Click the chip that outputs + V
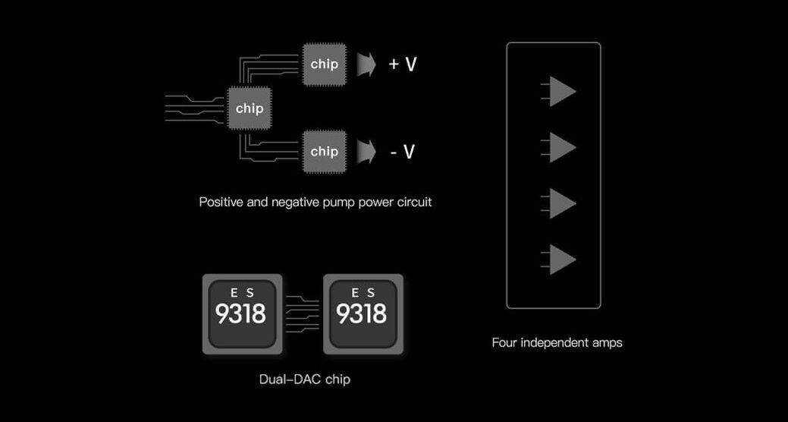click(x=325, y=64)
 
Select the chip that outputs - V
click(x=325, y=151)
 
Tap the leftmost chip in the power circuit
click(x=250, y=108)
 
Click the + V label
click(x=402, y=65)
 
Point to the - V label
click(x=402, y=152)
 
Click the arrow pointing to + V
click(x=367, y=65)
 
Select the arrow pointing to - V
click(x=367, y=152)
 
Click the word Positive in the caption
click(x=221, y=203)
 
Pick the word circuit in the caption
click(x=414, y=203)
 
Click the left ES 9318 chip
click(x=242, y=313)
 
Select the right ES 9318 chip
click(x=363, y=313)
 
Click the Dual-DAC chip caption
click(x=304, y=379)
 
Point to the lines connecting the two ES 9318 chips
click(x=303, y=313)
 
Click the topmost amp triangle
click(x=560, y=91)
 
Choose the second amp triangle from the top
click(x=560, y=147)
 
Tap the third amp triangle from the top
click(x=560, y=203)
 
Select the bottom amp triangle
click(x=560, y=260)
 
